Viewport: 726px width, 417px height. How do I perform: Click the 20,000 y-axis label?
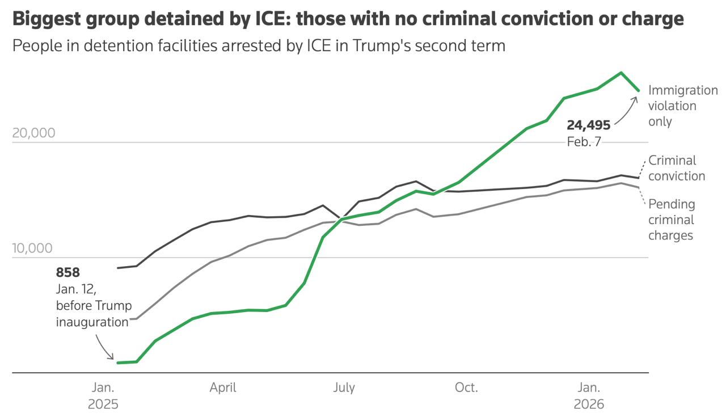pos(33,133)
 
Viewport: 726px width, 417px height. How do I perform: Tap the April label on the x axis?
pos(223,388)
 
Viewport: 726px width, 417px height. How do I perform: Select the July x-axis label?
pos(344,388)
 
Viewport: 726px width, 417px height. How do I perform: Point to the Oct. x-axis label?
pos(466,388)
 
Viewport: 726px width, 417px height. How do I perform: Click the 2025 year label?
pos(103,405)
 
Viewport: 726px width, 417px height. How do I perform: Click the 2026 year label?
pos(589,405)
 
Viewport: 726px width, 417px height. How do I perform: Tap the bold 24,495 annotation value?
pos(589,125)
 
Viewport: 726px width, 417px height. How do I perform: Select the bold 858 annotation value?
pos(68,272)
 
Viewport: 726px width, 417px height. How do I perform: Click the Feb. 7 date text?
pos(584,142)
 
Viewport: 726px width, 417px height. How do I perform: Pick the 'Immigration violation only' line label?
pos(682,106)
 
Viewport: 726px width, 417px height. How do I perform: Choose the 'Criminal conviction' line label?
pos(677,168)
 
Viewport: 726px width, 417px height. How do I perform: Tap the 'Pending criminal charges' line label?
pos(672,220)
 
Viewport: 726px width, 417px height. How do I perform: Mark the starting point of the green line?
pos(118,363)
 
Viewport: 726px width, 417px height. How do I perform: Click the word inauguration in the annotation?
pos(92,322)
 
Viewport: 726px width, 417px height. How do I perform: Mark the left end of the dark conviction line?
pos(118,268)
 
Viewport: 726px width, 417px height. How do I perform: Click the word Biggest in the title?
pos(45,19)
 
